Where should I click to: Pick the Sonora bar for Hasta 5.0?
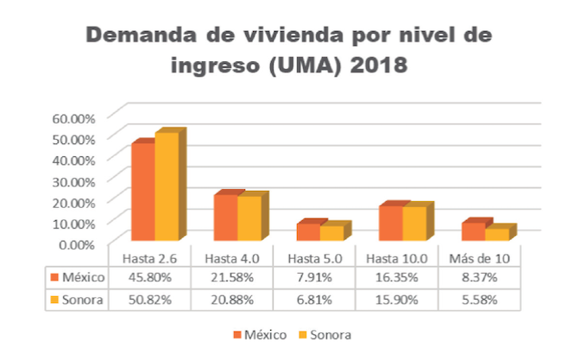point(331,233)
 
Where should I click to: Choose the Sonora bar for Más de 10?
point(497,234)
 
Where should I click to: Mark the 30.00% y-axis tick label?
point(84,180)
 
